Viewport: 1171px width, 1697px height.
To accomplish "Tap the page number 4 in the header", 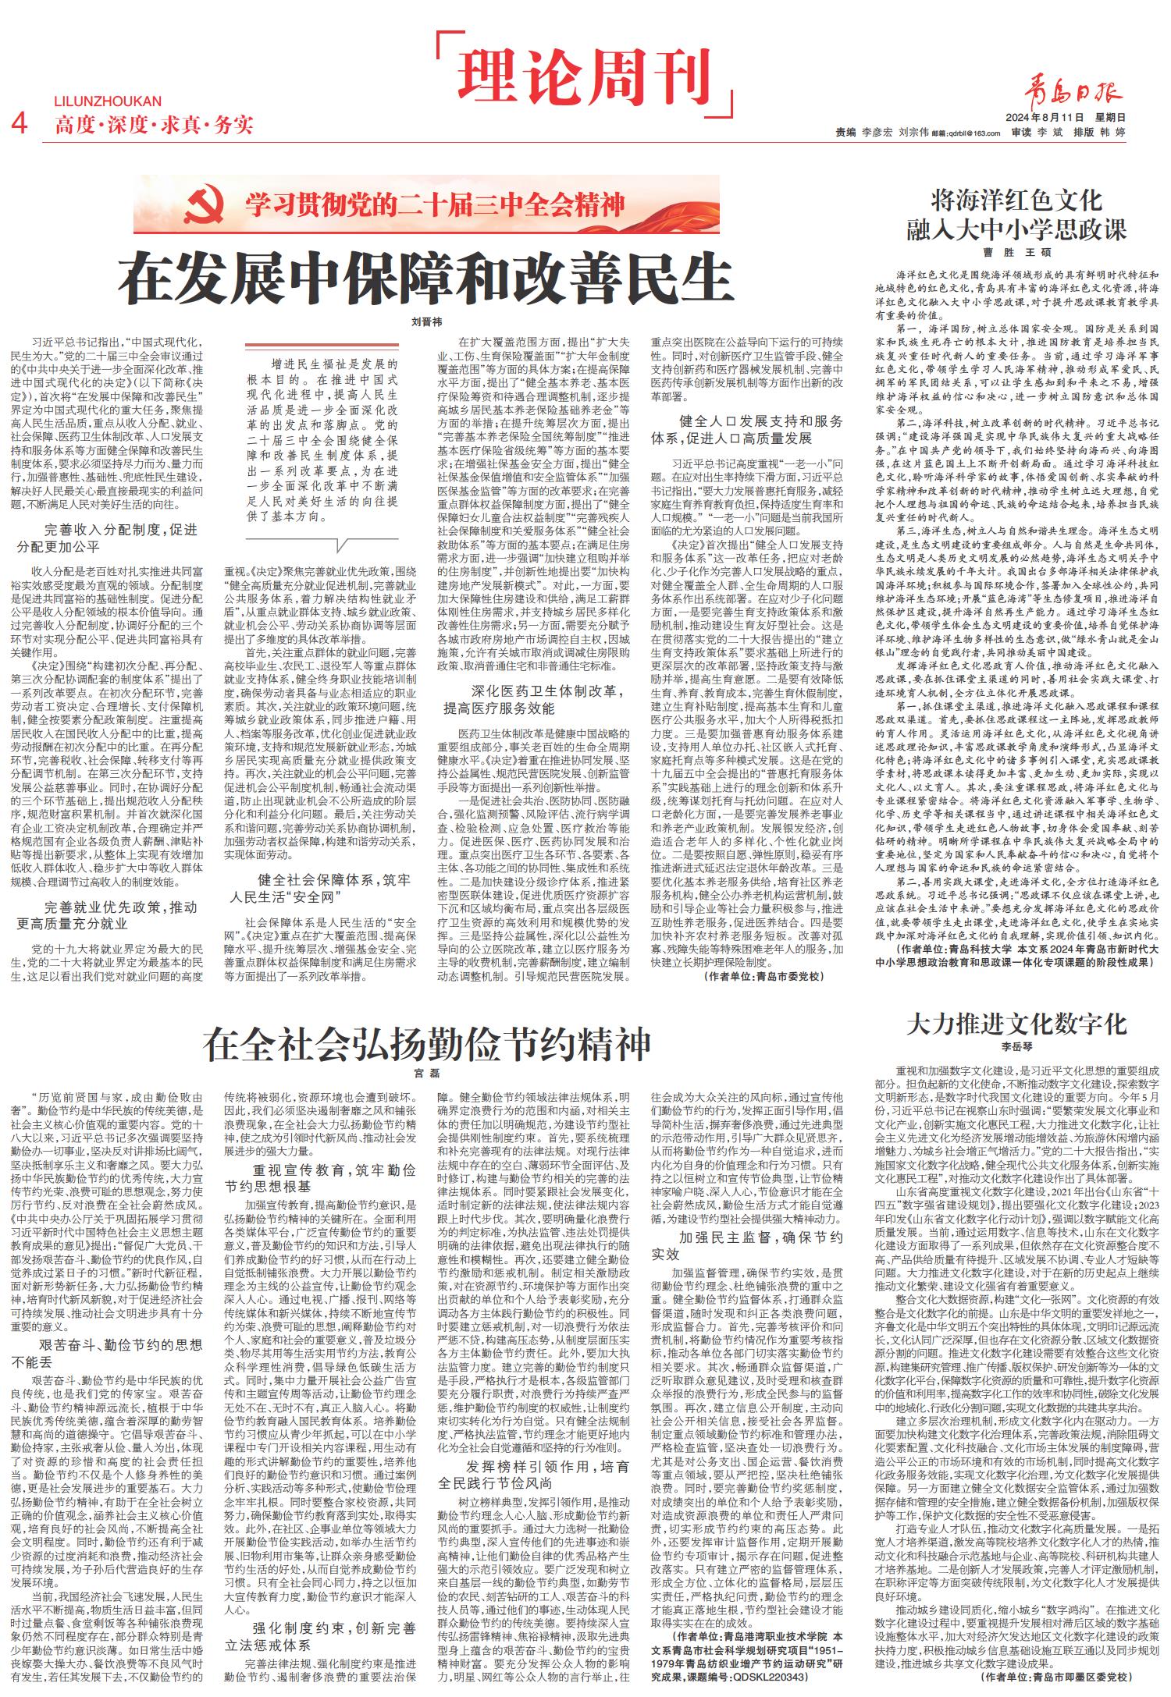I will click(x=23, y=123).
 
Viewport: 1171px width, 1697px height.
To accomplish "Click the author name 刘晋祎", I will click(x=426, y=321).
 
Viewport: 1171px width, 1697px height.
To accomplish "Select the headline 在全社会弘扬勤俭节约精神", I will click(x=426, y=1043).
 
